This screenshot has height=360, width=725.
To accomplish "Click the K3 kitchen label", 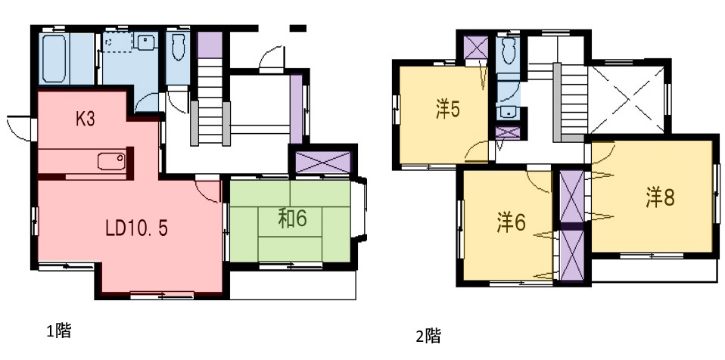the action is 86,119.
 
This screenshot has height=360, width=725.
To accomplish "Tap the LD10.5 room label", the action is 136,228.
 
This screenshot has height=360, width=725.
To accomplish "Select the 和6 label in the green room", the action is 292,219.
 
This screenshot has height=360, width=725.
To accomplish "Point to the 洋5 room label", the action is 447,110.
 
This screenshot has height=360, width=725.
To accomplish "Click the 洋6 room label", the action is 511,223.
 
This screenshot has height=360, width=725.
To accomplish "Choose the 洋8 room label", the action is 660,198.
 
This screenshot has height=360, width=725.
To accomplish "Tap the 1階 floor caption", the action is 59,331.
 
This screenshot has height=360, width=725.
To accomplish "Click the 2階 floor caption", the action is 428,336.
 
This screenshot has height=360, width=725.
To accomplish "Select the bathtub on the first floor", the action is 54,58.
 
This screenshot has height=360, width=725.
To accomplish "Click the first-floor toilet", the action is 179,47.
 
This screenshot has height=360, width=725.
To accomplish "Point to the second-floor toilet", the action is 508,51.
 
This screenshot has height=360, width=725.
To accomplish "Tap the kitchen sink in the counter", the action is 111,161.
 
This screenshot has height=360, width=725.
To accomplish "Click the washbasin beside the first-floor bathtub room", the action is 145,42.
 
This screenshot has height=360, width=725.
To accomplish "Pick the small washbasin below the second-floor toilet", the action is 508,112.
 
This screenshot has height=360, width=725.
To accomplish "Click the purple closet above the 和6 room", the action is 322,162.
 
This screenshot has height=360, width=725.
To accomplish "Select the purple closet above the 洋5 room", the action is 476,48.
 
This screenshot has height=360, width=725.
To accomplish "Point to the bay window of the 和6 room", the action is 359,209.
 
